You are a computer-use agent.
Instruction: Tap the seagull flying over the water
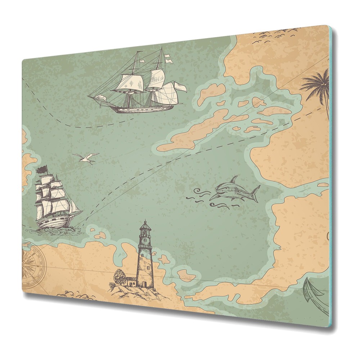point(86,158)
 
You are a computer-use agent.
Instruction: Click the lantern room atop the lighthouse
point(145,230)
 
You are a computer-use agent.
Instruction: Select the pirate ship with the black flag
point(54,203)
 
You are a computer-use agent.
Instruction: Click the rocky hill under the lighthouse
point(137,293)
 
